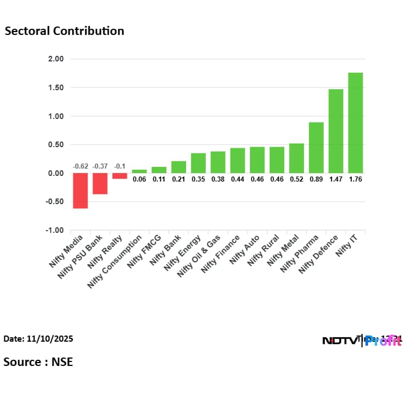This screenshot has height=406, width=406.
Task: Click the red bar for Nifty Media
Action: pos(80,191)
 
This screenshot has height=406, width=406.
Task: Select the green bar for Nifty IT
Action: pos(355,122)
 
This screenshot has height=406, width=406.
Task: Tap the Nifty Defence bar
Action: pos(336,131)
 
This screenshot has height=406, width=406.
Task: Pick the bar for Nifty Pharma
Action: pos(316,147)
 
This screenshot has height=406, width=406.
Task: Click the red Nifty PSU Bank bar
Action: pos(100,183)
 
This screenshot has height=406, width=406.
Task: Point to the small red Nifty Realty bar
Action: pos(120,176)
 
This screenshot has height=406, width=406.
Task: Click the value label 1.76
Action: pos(355,179)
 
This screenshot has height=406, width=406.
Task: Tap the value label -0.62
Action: pos(80,166)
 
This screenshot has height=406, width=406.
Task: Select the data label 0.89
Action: pos(316,179)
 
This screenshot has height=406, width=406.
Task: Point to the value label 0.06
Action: pos(139,179)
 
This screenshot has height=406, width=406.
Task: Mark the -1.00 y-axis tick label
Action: pos(55,230)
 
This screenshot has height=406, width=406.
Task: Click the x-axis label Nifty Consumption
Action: pos(116,261)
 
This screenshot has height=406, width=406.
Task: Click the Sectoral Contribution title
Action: pos(64,31)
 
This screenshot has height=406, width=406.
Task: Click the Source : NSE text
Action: pos(38,361)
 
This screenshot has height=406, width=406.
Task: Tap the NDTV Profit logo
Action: pos(361,340)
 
